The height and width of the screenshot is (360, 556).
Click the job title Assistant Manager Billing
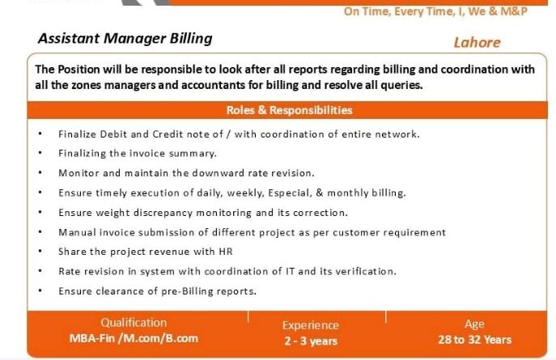(x=125, y=39)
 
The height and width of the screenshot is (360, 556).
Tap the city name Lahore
(x=477, y=43)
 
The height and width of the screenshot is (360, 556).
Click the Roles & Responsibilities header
(x=290, y=110)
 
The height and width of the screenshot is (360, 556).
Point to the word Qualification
(x=134, y=323)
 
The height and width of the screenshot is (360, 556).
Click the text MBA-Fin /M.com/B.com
(x=134, y=338)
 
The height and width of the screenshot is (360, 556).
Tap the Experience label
(x=311, y=325)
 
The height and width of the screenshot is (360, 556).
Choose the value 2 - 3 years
(x=311, y=341)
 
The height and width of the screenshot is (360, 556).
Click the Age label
(x=474, y=324)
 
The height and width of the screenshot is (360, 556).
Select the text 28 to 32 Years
(x=475, y=340)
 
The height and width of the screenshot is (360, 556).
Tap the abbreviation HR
(x=226, y=252)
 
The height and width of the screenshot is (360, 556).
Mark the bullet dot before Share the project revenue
(x=40, y=251)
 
